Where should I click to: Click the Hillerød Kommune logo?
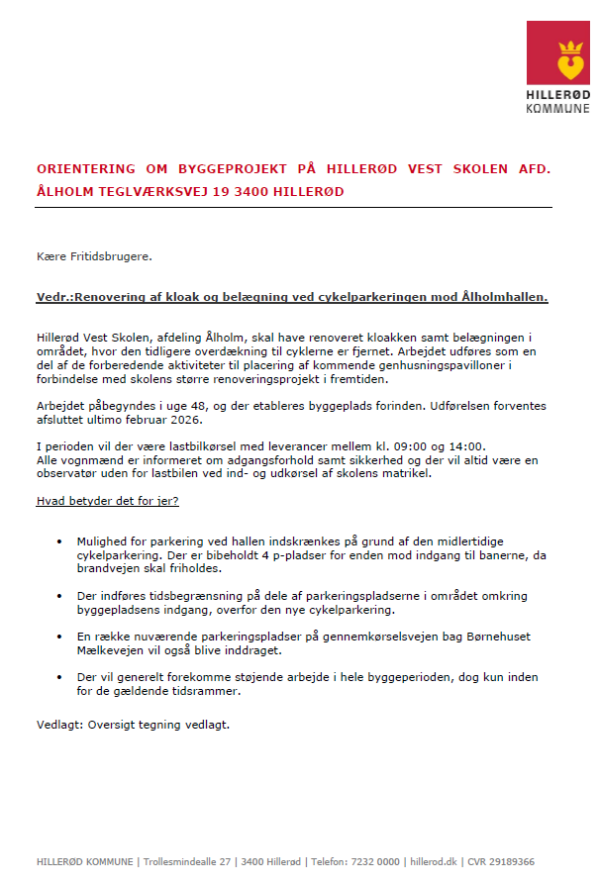pos(556,66)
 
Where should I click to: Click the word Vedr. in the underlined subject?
pos(53,296)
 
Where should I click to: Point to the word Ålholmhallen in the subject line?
pos(505,296)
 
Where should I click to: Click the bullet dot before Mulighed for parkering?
pos(59,542)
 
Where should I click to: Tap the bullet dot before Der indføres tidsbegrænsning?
pos(59,596)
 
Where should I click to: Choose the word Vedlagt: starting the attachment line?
pos(55,725)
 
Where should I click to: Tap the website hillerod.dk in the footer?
pos(437,862)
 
